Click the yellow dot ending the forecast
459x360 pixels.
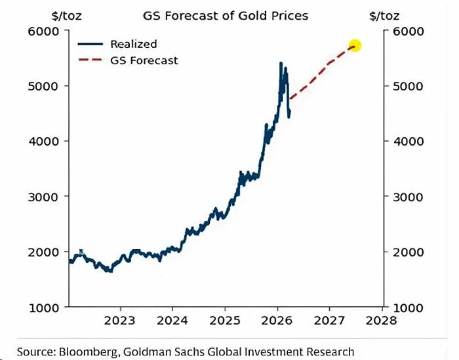click(355, 46)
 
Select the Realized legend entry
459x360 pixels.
click(134, 44)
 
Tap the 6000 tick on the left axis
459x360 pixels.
click(45, 31)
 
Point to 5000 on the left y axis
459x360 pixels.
click(45, 86)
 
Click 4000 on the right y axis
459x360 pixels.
click(408, 141)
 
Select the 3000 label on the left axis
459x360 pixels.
click(45, 197)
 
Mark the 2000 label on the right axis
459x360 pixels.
click(408, 252)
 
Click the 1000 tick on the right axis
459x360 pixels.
click(408, 307)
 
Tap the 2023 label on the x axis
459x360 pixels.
click(120, 321)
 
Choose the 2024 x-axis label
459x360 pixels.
click(172, 321)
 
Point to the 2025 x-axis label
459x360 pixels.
click(224, 321)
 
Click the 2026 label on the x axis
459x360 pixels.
click(277, 321)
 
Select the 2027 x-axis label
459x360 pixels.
click(329, 321)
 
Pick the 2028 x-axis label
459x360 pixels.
click(381, 321)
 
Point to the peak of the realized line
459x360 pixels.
click(281, 64)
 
